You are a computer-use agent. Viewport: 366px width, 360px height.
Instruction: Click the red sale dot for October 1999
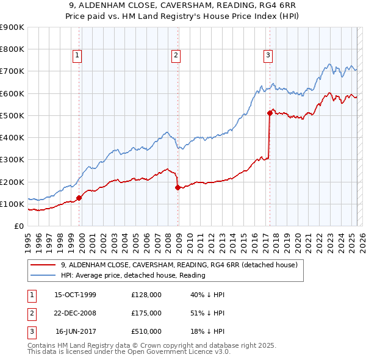pyautogui.click(x=79, y=198)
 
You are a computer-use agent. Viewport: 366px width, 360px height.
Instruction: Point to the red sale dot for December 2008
pyautogui.click(x=178, y=187)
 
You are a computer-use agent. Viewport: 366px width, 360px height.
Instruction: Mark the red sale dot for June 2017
pyautogui.click(x=269, y=113)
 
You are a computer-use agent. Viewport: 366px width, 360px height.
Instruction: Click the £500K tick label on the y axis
pyautogui.click(x=12, y=115)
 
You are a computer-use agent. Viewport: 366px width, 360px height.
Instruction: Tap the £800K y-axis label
pyautogui.click(x=12, y=49)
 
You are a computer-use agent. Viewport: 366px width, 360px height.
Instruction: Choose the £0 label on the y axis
pyautogui.click(x=19, y=226)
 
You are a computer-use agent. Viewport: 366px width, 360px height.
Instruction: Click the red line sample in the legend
pyautogui.click(x=41, y=265)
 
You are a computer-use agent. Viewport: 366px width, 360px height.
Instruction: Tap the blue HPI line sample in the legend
pyautogui.click(x=41, y=275)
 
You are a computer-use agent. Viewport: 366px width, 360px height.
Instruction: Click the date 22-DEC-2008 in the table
pyautogui.click(x=75, y=313)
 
